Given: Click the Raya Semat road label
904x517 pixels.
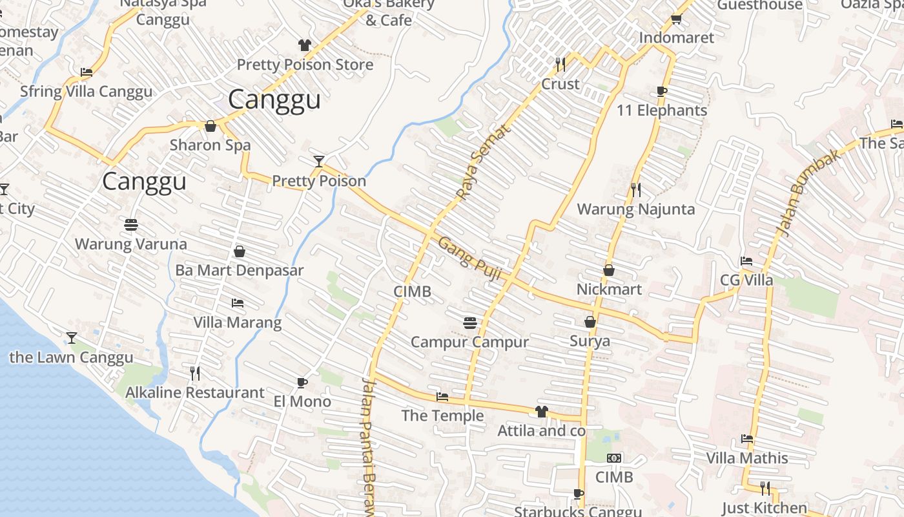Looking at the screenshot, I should coord(484,162).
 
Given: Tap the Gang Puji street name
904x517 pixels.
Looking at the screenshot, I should coord(469,258).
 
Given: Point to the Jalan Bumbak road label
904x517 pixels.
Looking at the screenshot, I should coord(799,193).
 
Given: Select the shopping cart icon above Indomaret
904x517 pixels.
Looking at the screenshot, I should coord(676,19).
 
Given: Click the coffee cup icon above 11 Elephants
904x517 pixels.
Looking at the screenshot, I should coord(661,91).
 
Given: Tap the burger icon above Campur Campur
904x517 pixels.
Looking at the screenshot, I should coord(469,322).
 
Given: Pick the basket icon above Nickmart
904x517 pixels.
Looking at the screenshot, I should coord(608,270).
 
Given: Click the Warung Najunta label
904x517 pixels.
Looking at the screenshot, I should coord(635,209).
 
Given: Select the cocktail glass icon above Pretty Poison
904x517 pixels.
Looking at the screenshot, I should coord(318,161).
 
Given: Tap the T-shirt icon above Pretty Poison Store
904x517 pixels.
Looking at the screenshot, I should coord(305,45).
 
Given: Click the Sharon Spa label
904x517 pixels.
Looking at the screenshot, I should coord(210,145).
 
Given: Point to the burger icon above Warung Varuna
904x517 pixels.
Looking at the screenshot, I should coord(131,225).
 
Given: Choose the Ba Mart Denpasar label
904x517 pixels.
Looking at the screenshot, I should coord(239,270).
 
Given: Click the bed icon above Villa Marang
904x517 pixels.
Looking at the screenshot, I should coord(237,302).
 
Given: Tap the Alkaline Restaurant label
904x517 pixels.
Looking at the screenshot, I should coord(194,392).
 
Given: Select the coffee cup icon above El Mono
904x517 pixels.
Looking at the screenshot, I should coord(302,383).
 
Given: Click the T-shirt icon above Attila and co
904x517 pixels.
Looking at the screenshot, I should coord(541,412).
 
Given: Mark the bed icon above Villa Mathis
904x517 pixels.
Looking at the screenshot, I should coord(747,438).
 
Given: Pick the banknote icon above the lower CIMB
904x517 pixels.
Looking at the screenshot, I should coord(614,458).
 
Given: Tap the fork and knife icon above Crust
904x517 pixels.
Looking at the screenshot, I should coord(560,64).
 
